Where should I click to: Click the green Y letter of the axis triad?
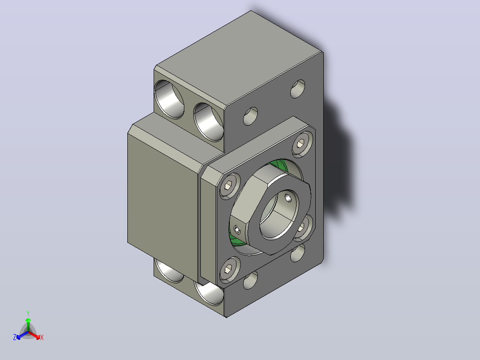[28, 313]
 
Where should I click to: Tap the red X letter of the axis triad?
[42, 337]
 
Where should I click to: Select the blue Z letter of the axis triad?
[15, 337]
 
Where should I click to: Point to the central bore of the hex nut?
[279, 214]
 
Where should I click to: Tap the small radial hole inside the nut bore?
[289, 198]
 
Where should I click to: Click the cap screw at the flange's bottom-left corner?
[230, 269]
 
